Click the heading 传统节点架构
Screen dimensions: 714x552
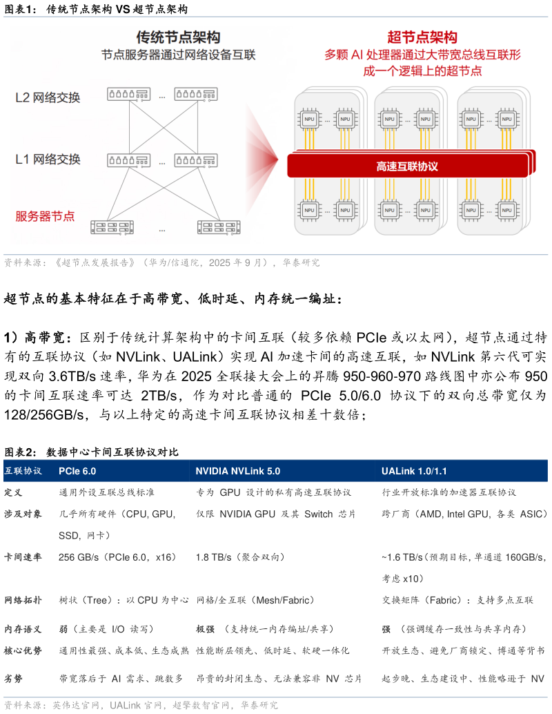[178, 37]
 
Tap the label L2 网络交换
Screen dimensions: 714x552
[48, 97]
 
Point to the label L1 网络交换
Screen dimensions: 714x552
[48, 160]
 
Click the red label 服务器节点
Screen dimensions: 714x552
[45, 216]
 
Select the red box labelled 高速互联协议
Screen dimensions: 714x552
[407, 166]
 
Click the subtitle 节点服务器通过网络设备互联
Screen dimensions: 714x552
[178, 55]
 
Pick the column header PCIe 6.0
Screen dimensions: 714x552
[77, 471]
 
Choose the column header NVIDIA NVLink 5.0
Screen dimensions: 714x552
[237, 471]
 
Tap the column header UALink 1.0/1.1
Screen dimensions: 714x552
[414, 471]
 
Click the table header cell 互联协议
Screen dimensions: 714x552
[23, 471]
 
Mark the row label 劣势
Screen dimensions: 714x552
[14, 679]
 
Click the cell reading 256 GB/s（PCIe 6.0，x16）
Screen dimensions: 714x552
[117, 557]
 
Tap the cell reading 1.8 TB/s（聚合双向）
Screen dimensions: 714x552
[240, 557]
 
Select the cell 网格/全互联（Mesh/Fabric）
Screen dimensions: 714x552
[255, 600]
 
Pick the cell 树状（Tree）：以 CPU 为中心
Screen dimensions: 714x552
[124, 600]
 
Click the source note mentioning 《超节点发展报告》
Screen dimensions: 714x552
[162, 263]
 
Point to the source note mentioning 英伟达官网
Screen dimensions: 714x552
[141, 706]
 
